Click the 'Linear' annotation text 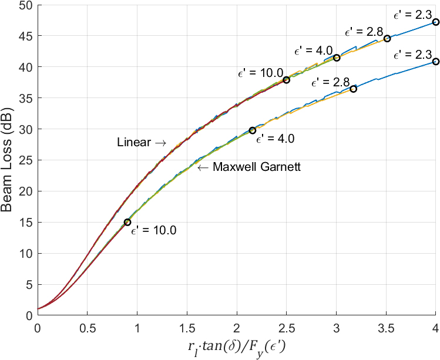[x=133, y=143]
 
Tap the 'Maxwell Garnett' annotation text [x=257, y=167]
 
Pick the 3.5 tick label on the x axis [x=386, y=326]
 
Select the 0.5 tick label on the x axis [x=88, y=326]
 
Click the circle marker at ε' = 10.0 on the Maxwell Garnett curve [x=127, y=222]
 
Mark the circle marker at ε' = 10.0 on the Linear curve [x=286, y=80]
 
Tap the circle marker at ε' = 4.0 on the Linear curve [x=337, y=58]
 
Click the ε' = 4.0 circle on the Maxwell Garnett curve [x=253, y=130]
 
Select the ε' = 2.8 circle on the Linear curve [x=387, y=39]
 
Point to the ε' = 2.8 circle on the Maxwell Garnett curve [x=353, y=89]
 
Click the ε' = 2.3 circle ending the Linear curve [x=435, y=22]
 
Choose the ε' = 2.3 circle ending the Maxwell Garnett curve [x=435, y=62]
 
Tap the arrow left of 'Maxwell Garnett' [x=203, y=167]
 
